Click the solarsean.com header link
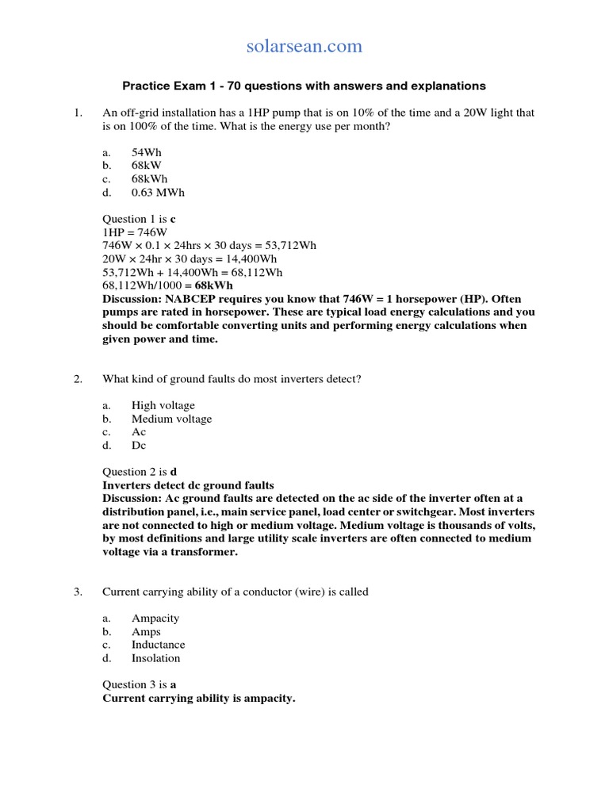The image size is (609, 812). click(304, 47)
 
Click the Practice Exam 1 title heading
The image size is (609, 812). click(303, 86)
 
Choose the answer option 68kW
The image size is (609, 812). click(147, 166)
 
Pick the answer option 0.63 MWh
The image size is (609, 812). click(159, 193)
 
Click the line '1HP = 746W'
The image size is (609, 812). click(135, 232)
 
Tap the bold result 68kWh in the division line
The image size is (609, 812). click(213, 285)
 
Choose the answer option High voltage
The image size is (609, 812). click(163, 405)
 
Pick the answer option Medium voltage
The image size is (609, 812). click(171, 419)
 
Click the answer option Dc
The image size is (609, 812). click(139, 446)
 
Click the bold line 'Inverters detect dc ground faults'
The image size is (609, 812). click(188, 485)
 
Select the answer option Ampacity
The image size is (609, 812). click(155, 619)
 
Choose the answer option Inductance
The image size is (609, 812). click(158, 645)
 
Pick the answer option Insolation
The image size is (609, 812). click(155, 658)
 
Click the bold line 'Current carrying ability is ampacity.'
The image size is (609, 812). click(198, 699)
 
